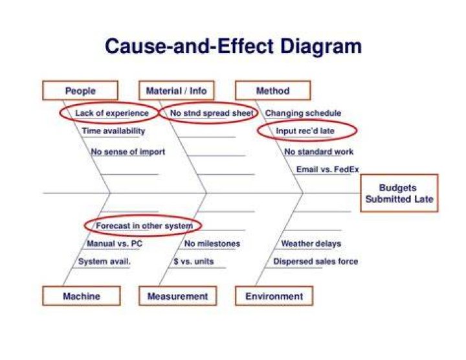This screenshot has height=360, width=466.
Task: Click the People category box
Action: (80, 91)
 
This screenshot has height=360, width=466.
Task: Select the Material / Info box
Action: (177, 91)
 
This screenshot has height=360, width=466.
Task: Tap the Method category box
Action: (273, 91)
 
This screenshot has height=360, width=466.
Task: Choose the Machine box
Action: (82, 296)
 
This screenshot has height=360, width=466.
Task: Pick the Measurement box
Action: (178, 296)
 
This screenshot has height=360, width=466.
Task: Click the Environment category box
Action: (274, 296)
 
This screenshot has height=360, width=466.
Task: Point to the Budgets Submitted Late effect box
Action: (399, 193)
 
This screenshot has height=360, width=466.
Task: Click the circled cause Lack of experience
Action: (112, 113)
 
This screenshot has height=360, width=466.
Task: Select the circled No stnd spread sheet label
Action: (212, 113)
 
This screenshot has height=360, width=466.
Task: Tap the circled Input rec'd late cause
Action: (305, 131)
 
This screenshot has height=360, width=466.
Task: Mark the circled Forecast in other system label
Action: (144, 226)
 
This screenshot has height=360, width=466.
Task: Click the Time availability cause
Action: (113, 131)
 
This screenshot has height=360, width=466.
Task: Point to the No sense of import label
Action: (128, 152)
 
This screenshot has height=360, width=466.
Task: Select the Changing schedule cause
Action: (303, 113)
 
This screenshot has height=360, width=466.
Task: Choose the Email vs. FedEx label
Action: (327, 170)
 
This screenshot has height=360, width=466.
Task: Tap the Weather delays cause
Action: (311, 243)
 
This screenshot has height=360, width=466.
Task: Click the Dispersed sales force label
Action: (316, 262)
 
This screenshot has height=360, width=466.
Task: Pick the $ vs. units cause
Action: (194, 262)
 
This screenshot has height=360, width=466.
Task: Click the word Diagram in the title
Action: (321, 47)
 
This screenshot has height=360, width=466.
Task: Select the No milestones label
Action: (212, 243)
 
